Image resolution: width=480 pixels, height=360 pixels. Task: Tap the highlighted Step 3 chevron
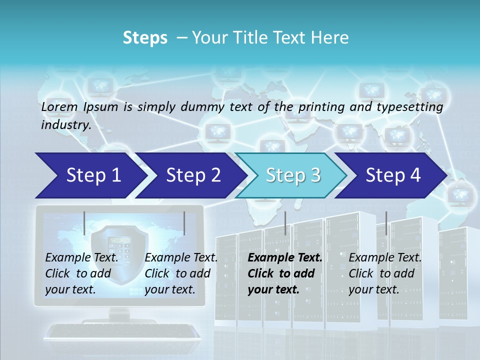pos(293,175)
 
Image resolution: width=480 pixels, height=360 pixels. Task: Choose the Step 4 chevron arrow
pos(393,175)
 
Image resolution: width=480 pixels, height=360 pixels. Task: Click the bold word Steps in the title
pos(145,37)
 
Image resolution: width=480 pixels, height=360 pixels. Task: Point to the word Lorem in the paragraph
pos(59,106)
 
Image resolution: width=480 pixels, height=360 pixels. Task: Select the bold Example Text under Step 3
pos(285,257)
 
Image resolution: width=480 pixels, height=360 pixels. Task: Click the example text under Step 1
pos(81,273)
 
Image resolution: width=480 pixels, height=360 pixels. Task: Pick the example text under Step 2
pos(181,273)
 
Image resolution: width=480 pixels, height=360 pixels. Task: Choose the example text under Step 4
pos(385,273)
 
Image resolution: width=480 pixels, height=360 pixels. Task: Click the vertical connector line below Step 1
pos(84,223)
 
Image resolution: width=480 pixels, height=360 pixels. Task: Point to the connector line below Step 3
pos(285,223)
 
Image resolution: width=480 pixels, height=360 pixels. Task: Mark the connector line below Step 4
pos(386,223)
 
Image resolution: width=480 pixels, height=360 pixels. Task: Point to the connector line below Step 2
pos(184,223)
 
